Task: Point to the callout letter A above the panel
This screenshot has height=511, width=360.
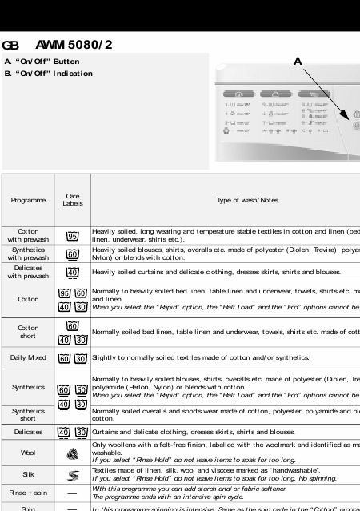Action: pos(298,61)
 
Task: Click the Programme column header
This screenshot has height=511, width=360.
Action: pos(28,200)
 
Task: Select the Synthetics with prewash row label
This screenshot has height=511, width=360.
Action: pos(28,254)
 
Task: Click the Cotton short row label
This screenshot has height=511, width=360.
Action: pos(28,332)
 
